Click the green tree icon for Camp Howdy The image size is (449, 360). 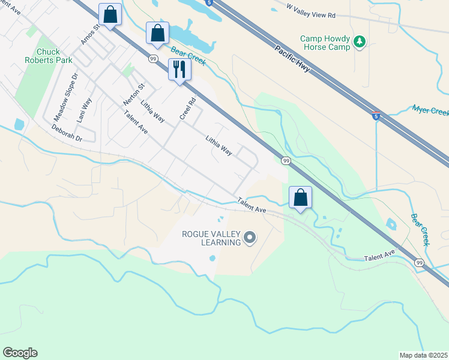(x=360, y=41)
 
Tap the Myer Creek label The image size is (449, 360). (x=430, y=112)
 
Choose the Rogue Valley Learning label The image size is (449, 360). (x=208, y=238)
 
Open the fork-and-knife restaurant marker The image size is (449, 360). (x=179, y=69)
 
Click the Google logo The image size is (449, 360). (x=20, y=353)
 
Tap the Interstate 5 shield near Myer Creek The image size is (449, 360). (x=376, y=115)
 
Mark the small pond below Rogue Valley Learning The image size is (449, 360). (x=212, y=259)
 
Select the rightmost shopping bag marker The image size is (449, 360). (x=301, y=197)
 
